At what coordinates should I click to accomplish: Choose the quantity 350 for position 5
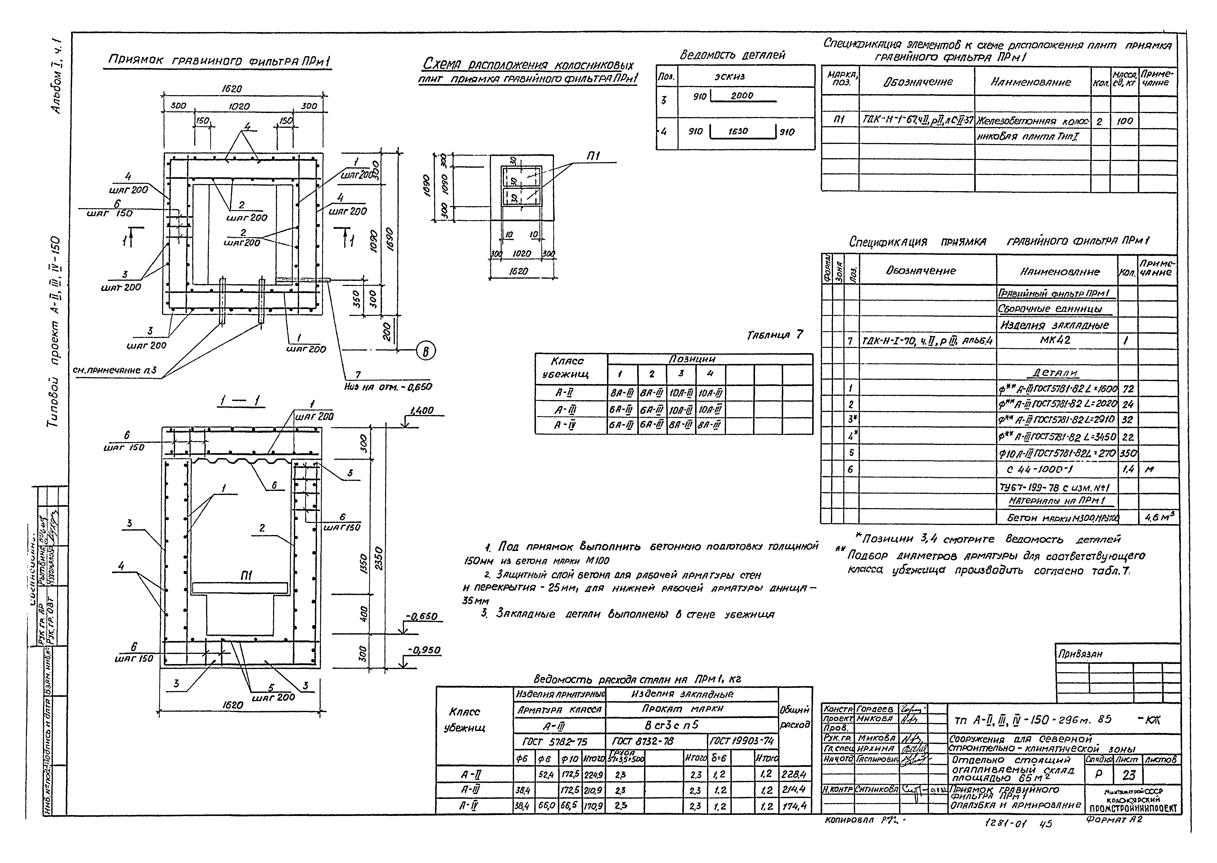[x=1128, y=453]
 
